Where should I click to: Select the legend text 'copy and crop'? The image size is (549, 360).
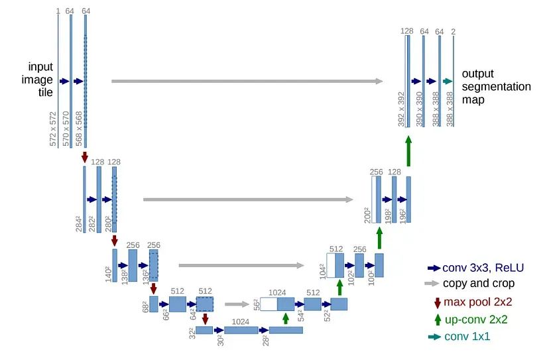click(x=478, y=284)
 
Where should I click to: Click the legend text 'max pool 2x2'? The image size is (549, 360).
click(x=478, y=302)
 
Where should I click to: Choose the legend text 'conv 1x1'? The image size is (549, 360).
click(x=468, y=337)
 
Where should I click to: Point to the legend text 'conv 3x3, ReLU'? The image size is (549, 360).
click(x=483, y=268)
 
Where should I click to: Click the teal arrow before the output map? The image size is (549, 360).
click(x=448, y=81)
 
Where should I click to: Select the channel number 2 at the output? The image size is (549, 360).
click(x=454, y=30)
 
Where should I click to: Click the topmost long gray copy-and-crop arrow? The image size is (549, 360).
click(x=247, y=81)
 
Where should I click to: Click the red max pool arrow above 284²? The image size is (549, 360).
click(x=84, y=157)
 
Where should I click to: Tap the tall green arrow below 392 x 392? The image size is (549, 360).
click(x=408, y=150)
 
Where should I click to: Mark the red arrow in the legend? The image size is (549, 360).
click(x=438, y=302)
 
